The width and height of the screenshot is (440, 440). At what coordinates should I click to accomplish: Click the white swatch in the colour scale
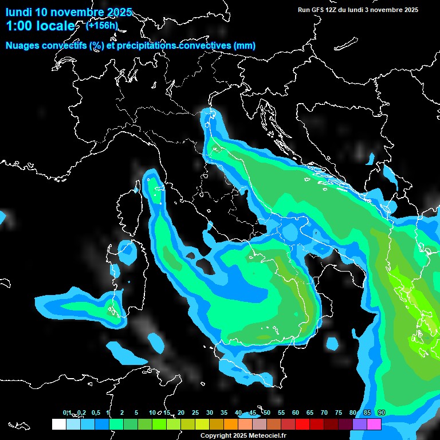click(x=59, y=424)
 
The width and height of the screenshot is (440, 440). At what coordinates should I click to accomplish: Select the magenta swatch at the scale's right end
click(x=374, y=424)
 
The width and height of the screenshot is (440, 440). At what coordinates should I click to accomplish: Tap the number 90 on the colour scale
click(x=382, y=412)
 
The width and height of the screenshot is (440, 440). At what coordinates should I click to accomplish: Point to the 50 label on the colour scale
click(x=267, y=412)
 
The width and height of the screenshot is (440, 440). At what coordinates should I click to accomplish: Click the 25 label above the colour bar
click(x=195, y=412)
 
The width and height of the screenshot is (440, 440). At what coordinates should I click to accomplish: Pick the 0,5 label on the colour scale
click(x=95, y=412)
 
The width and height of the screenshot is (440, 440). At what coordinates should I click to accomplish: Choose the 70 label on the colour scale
click(x=324, y=412)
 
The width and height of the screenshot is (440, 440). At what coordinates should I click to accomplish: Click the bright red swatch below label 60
click(x=302, y=424)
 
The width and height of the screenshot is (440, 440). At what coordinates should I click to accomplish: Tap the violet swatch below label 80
click(x=360, y=424)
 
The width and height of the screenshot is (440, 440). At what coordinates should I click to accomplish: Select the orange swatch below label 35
click(x=231, y=424)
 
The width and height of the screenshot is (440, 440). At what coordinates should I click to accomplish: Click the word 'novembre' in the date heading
click(x=80, y=12)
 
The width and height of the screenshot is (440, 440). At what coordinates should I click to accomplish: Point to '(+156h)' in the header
click(x=102, y=25)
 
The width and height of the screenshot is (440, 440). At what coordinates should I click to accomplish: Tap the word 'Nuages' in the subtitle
click(x=23, y=46)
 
